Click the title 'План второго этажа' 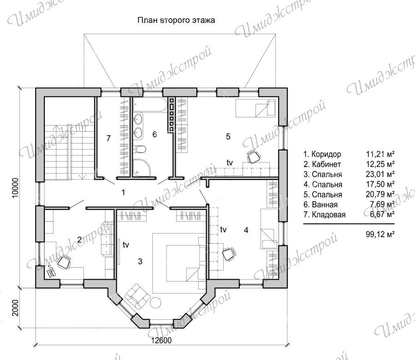pos(176,20)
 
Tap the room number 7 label pos(108,138)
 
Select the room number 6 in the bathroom pos(154,134)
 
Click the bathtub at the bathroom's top pos(149,104)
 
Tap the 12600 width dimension pos(161,340)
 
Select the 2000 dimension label pos(16,308)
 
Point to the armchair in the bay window pos(137,295)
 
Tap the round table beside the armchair pos(156,302)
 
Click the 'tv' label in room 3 pos(126,245)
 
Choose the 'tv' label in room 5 pos(230,162)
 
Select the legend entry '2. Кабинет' pos(322,164)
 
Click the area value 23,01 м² pos(380,174)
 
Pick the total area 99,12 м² pos(380,234)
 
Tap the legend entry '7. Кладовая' pos(325,215)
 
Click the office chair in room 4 pos(229,254)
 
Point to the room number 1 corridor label pos(123,192)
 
